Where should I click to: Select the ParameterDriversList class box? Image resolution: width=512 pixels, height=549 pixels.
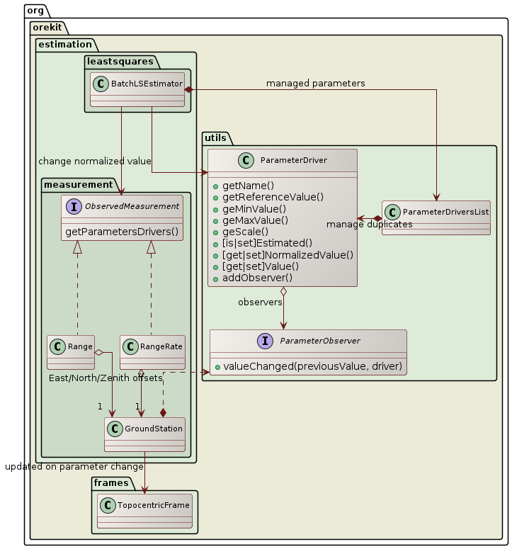(436, 217)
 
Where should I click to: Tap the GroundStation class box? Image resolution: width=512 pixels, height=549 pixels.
(144, 434)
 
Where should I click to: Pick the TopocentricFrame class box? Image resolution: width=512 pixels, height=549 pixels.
(144, 509)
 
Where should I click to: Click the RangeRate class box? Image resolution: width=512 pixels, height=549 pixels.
(152, 352)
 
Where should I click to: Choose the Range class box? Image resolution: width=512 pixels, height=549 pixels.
(71, 352)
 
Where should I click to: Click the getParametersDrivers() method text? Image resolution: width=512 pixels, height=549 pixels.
(122, 232)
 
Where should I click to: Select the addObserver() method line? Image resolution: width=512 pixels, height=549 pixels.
(257, 278)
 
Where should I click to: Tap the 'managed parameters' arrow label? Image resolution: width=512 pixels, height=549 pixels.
(315, 84)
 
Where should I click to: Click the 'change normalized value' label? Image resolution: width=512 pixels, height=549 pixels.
(95, 161)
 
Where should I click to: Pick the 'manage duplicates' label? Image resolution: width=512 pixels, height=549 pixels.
(370, 225)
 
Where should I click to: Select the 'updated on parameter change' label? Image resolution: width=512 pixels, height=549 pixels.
(74, 467)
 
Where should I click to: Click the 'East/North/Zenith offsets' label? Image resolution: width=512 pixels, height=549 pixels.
(106, 378)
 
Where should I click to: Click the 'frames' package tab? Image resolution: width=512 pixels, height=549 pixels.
(111, 482)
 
